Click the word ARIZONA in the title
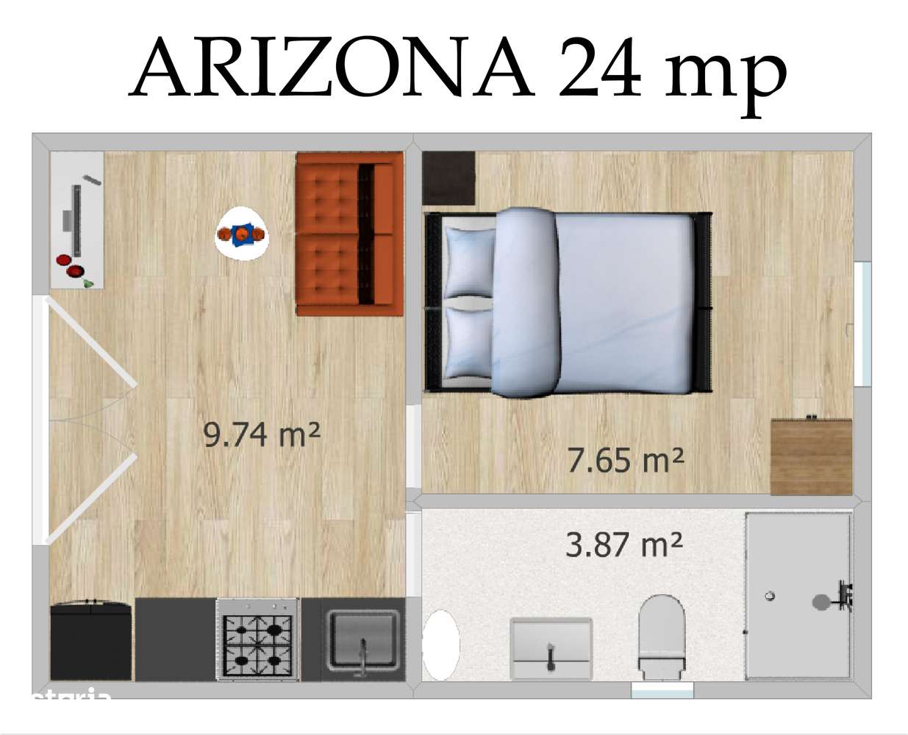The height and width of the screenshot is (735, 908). point(331,68)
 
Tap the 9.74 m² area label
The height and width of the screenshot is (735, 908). point(261,434)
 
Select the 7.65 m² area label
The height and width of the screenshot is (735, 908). point(625,460)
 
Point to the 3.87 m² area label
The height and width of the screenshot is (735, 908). point(623,545)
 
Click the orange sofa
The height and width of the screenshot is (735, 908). point(349,234)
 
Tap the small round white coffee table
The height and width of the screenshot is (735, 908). point(241,234)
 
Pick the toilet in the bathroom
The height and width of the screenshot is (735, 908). point(661,635)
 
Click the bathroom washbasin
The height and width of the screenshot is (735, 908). point(551,647)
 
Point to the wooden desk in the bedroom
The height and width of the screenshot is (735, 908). point(811,456)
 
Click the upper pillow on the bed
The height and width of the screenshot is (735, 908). point(469,262)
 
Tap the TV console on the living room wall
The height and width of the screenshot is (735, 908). point(76,220)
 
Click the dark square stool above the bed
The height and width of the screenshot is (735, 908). point(448,178)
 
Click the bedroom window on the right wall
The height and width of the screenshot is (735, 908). point(862,323)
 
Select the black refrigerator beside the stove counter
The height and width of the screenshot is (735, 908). point(90,639)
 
